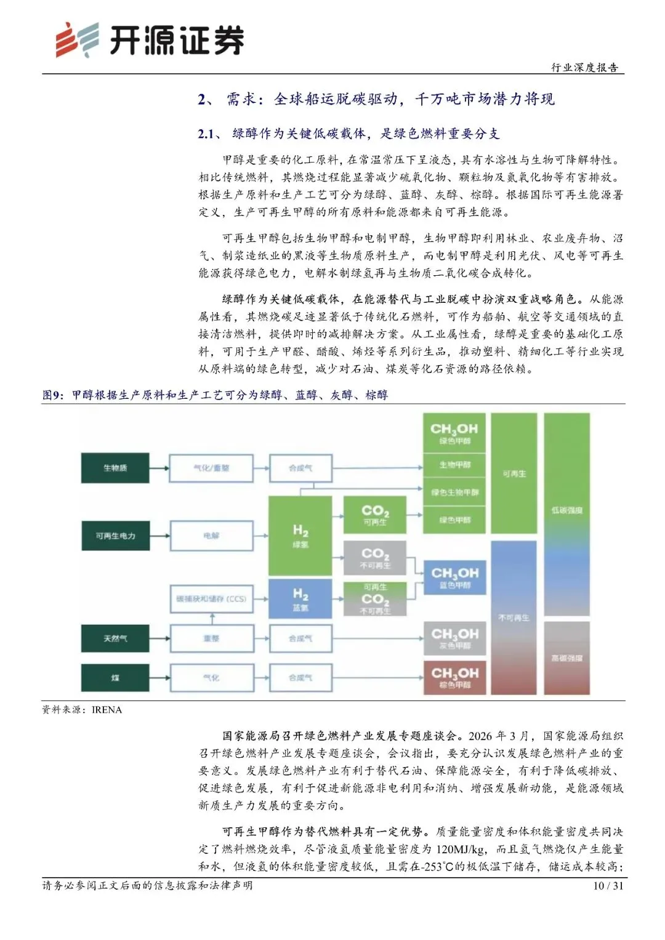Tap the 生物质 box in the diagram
coord(115,468)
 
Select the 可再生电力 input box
coord(115,536)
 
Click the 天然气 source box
coord(115,638)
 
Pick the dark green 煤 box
coord(115,678)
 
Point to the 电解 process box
coord(211,536)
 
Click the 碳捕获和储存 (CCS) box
coord(211,599)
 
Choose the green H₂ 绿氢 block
coord(300,536)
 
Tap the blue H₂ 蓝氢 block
coord(300,598)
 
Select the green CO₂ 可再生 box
coord(375,515)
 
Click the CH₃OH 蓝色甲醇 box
coord(454,577)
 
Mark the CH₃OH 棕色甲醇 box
coord(454,678)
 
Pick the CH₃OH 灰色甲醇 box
coord(454,638)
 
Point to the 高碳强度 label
coord(566,658)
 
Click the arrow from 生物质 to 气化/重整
coord(159,468)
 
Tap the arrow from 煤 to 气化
coord(159,678)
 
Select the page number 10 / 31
coord(608,886)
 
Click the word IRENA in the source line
coord(107,710)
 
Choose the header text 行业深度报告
coord(584,68)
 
